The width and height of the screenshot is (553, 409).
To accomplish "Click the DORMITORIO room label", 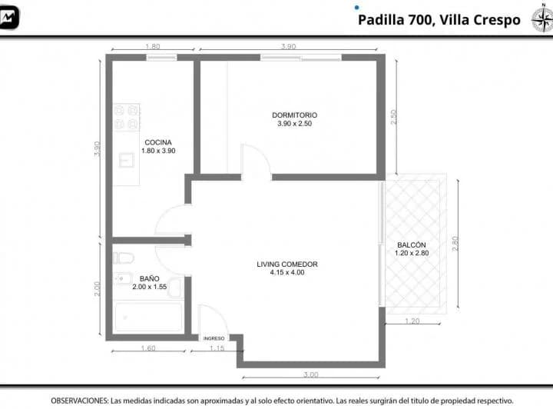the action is [x=294, y=115].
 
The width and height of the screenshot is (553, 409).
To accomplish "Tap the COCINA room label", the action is [x=158, y=142].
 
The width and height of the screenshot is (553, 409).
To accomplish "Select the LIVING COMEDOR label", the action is [x=287, y=264].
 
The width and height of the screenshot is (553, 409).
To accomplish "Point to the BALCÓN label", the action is [x=411, y=245].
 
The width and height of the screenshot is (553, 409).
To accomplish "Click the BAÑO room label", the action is [x=149, y=279].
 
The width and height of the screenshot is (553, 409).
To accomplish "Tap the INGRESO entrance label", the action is [x=214, y=338].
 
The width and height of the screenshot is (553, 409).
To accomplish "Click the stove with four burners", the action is [x=127, y=117].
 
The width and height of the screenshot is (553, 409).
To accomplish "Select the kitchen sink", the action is [x=126, y=160].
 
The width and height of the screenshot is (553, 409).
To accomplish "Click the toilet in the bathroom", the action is [x=124, y=258].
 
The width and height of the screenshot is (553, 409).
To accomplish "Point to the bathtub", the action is [x=148, y=317].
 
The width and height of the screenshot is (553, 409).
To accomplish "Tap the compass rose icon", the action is [x=542, y=18].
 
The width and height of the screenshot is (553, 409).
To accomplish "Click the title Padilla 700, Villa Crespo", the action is [x=439, y=20].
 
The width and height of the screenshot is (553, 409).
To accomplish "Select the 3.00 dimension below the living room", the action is [x=311, y=374].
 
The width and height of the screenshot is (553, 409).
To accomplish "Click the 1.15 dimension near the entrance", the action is [x=217, y=348].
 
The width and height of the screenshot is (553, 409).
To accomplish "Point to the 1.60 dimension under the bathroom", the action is [x=148, y=348].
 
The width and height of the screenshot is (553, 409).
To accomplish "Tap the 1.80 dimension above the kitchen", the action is [x=153, y=46].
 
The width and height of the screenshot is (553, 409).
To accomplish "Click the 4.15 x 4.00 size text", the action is [x=287, y=272].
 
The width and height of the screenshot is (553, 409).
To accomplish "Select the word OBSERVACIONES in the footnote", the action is [x=79, y=401].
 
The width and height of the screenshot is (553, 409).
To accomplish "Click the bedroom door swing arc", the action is [x=260, y=151].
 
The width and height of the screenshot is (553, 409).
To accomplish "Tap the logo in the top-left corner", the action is [x=8, y=17].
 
